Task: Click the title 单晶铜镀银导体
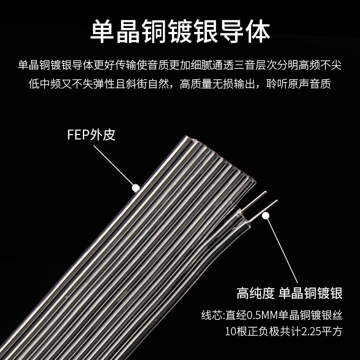pos(180,31)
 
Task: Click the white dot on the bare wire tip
pos(265,216)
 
